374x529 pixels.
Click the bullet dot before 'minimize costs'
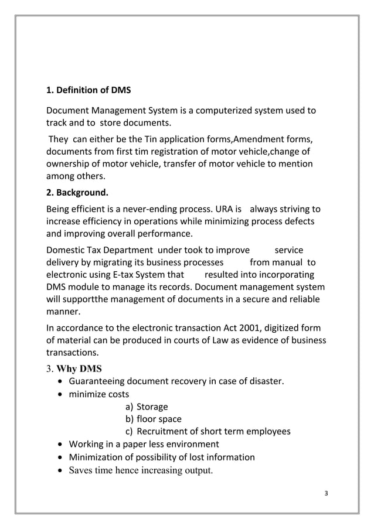click(61, 395)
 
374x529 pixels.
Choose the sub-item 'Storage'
click(152, 407)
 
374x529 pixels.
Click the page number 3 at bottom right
click(326, 492)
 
